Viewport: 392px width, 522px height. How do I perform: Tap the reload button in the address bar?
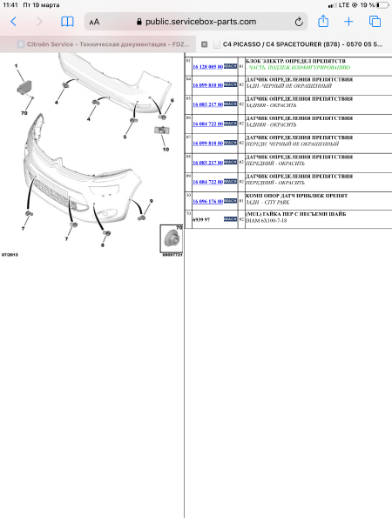pyautogui.click(x=300, y=21)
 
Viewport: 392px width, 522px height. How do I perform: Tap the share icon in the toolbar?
pyautogui.click(x=323, y=21)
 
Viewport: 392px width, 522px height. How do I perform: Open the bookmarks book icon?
pyautogui.click(x=67, y=21)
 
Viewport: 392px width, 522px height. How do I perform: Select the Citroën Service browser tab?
pyautogui.click(x=96, y=43)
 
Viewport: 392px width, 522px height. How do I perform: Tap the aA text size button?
pyautogui.click(x=94, y=22)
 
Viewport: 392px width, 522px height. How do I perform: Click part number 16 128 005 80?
pyautogui.click(x=206, y=65)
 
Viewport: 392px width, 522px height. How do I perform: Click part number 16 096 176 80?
pyautogui.click(x=206, y=201)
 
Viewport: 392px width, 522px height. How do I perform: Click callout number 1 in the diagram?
pyautogui.click(x=15, y=66)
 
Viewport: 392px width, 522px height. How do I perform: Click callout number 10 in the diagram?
pyautogui.click(x=165, y=149)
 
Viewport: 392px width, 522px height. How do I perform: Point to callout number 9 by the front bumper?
pyautogui.click(x=151, y=201)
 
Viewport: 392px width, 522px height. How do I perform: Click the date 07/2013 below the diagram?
pyautogui.click(x=10, y=254)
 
